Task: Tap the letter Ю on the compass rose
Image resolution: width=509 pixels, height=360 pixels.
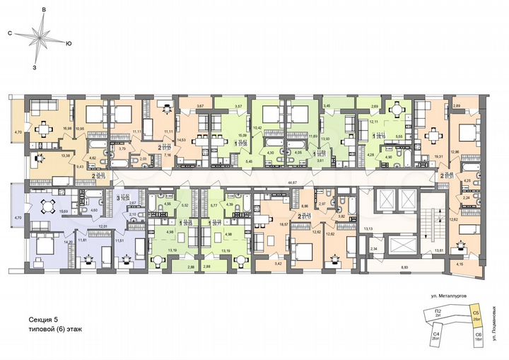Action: pos(68,44)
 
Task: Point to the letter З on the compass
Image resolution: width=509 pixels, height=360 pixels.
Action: pos(35,69)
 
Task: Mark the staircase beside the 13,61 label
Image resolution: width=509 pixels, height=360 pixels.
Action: pos(428,226)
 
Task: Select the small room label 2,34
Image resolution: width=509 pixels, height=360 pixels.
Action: pos(375,249)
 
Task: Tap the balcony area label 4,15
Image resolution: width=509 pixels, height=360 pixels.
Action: pos(461,265)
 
